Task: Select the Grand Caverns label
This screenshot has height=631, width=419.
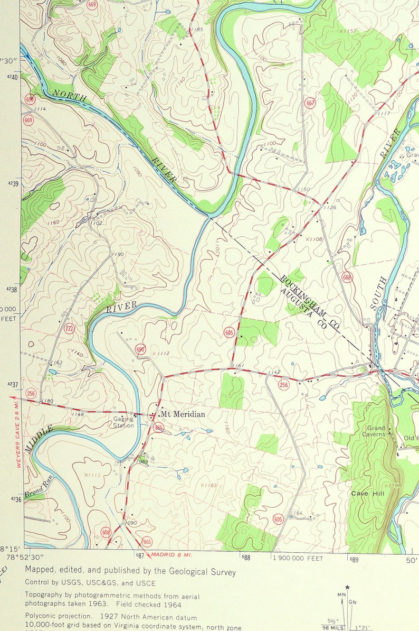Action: coord(376,431)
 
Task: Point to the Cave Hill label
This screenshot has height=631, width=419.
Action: coord(368,493)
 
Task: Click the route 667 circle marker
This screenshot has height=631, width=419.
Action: coord(310,103)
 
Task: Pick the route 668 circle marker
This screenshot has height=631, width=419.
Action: coord(347,277)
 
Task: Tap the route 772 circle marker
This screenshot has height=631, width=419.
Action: coord(69,329)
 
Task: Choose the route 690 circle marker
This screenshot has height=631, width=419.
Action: coord(140,349)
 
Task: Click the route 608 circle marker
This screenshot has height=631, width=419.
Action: coord(106,532)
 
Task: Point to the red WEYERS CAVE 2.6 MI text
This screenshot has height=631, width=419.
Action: coord(17,434)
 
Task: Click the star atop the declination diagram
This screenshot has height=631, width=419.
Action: coord(347,587)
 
